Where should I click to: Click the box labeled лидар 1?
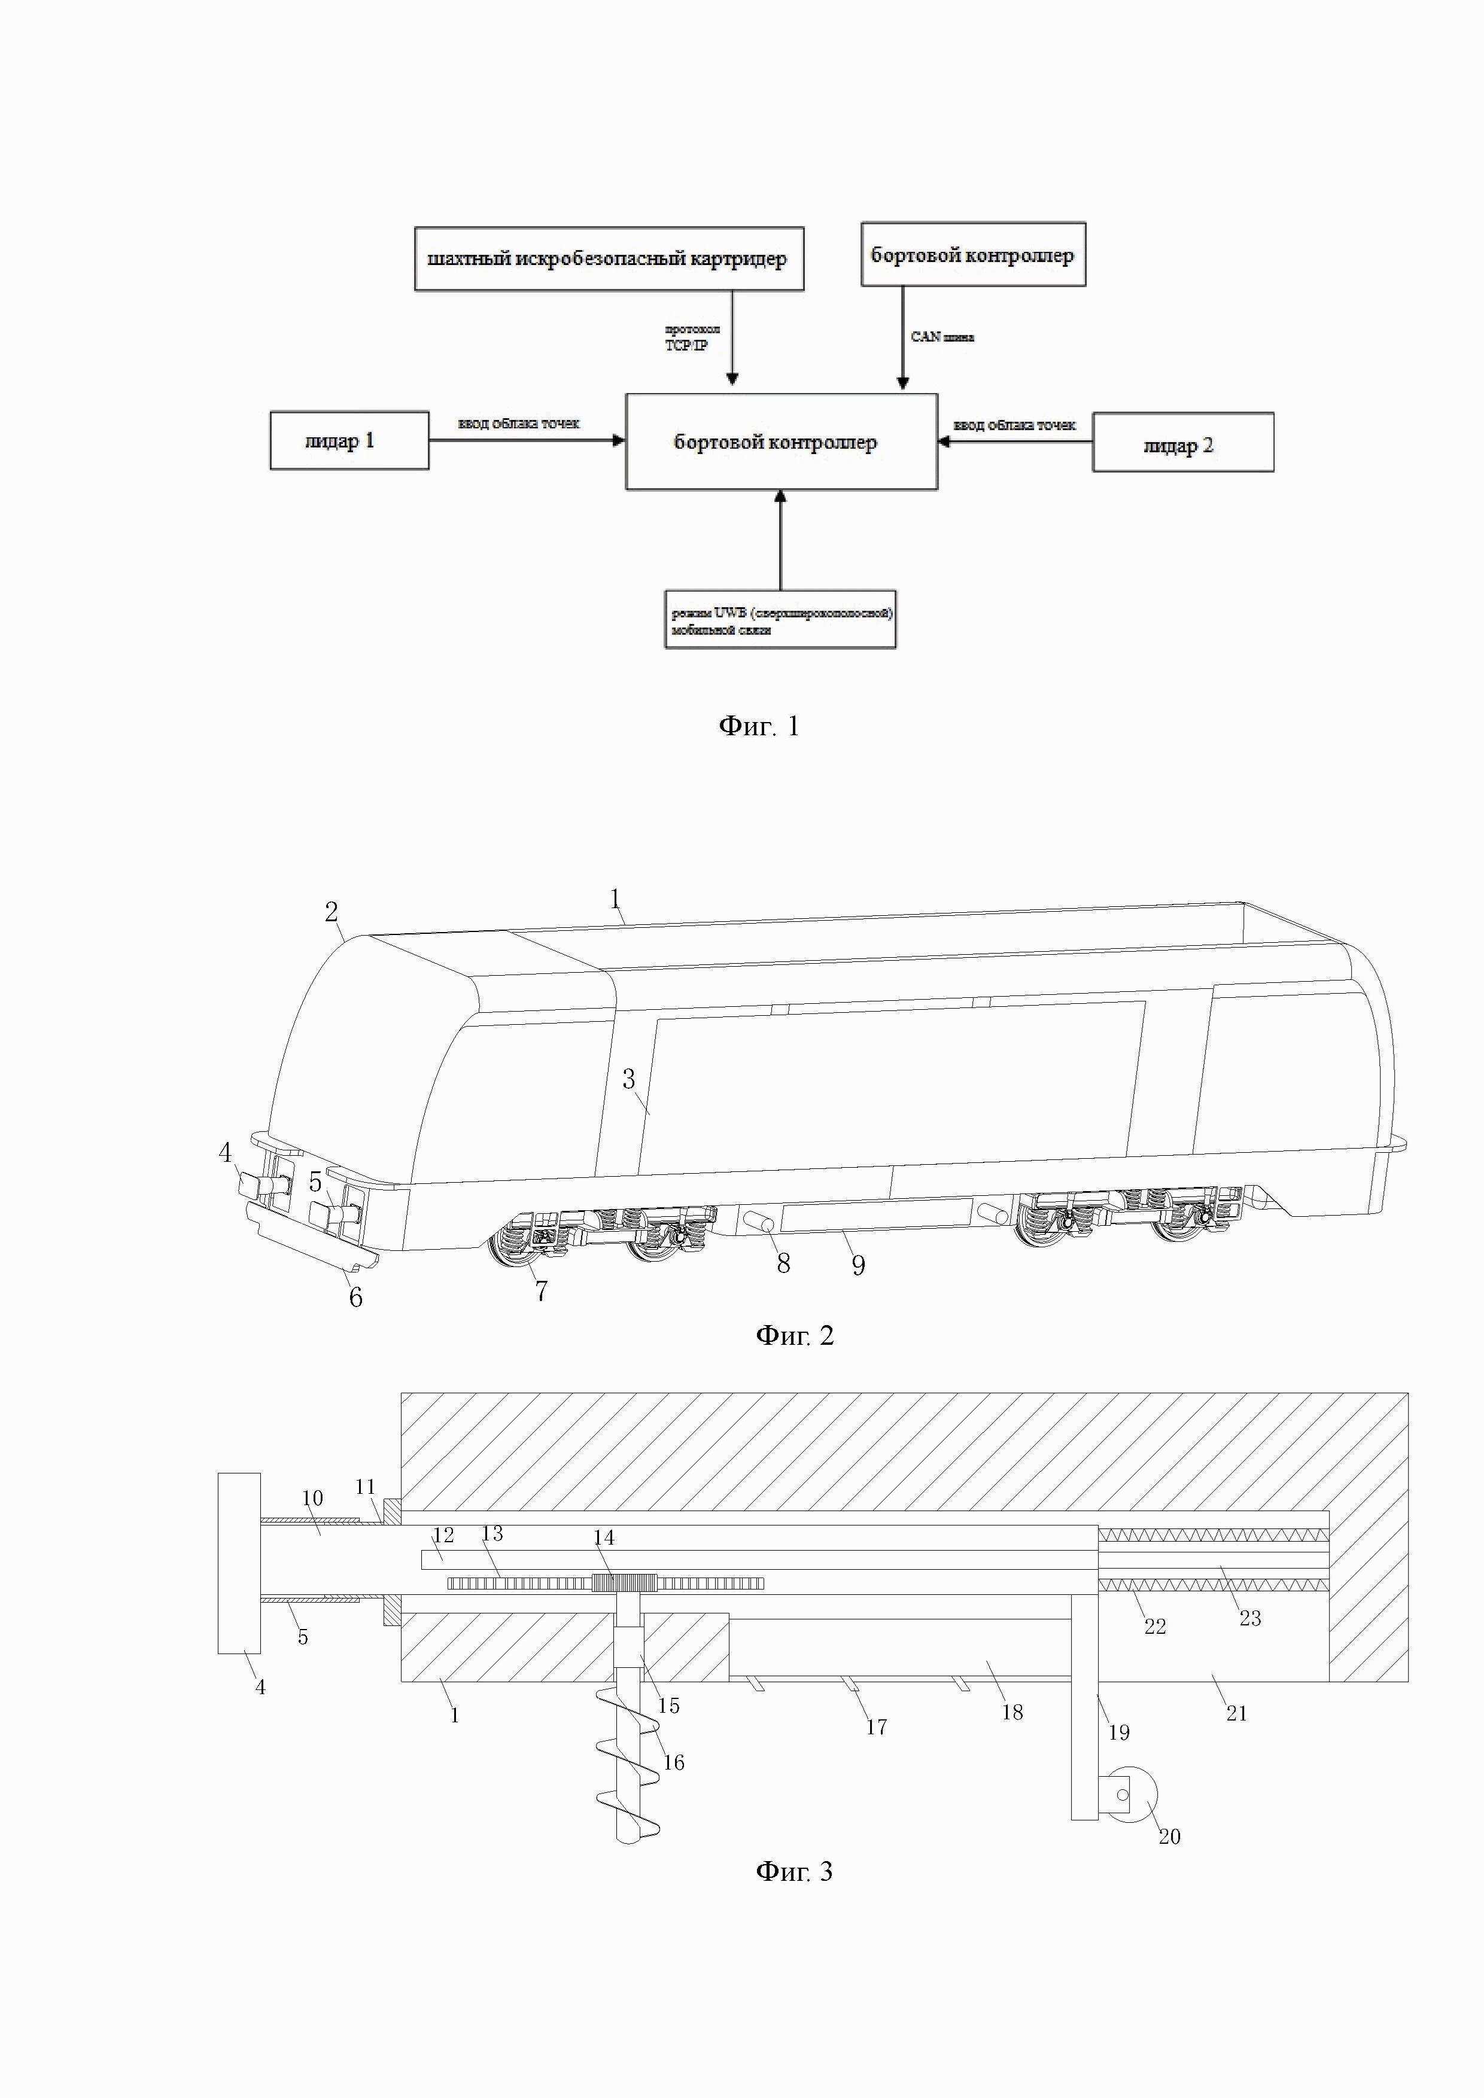(x=349, y=440)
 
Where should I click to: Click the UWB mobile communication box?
(x=780, y=620)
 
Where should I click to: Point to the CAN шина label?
(x=942, y=337)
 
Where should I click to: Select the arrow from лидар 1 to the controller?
(x=527, y=440)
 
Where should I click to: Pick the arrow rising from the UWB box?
(x=780, y=539)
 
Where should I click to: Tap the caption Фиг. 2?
(x=794, y=1336)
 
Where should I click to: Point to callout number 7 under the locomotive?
(x=541, y=1291)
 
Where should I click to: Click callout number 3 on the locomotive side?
(x=629, y=1079)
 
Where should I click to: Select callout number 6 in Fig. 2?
(x=355, y=1296)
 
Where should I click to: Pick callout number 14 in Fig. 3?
(x=604, y=1538)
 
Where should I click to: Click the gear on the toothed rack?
(x=625, y=1583)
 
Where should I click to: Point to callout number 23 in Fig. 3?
(x=1250, y=1618)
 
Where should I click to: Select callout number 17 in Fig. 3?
(x=876, y=1727)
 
